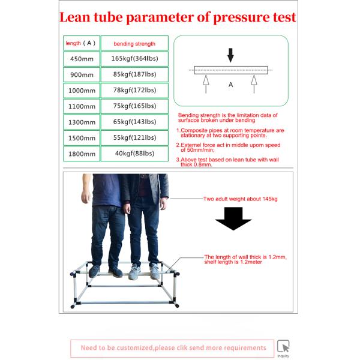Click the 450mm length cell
click(82, 59)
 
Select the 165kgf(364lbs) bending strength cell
click(134, 59)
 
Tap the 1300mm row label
click(82, 122)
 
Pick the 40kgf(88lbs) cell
click(134, 154)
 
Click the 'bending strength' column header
click(134, 43)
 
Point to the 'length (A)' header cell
click(82, 43)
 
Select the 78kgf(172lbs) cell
click(134, 91)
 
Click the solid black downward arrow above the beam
click(230, 55)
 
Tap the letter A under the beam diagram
click(231, 85)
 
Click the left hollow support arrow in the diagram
click(206, 84)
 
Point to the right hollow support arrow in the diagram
click(254, 84)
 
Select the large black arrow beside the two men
click(233, 218)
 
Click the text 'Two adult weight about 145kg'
click(241, 199)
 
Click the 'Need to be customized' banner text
click(173, 348)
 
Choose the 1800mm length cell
click(82, 154)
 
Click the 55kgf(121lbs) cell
click(134, 138)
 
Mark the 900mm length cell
click(82, 75)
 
